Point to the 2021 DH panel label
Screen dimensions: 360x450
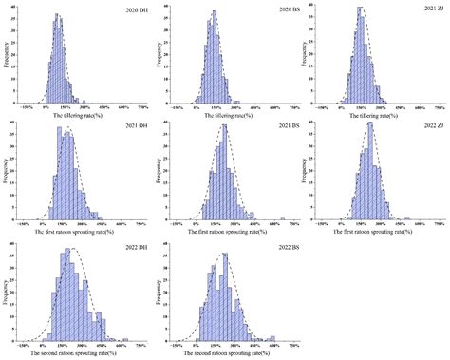(x=130, y=127)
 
